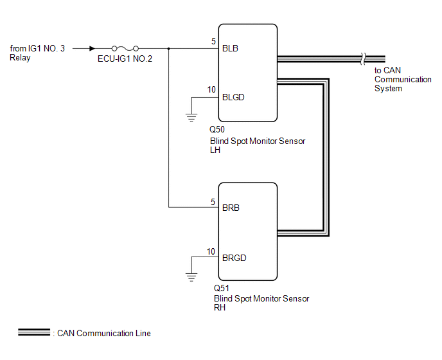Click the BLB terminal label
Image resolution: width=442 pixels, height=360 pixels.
(230, 48)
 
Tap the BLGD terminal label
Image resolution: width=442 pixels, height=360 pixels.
(233, 97)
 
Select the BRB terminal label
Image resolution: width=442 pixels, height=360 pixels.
(231, 208)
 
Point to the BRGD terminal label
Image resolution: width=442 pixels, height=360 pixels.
(234, 258)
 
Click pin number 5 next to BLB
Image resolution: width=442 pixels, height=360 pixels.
(213, 42)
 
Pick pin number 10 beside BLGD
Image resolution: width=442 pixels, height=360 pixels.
(211, 90)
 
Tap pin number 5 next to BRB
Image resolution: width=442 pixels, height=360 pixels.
(213, 202)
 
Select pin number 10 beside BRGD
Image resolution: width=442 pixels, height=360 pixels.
(211, 251)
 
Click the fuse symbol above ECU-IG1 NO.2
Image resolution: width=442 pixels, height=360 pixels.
(125, 48)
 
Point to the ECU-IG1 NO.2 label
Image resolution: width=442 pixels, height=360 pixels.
(125, 59)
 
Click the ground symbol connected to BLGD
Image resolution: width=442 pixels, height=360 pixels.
(191, 118)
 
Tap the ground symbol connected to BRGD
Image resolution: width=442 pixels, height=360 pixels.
(191, 277)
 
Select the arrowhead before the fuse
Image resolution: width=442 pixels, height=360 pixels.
(92, 48)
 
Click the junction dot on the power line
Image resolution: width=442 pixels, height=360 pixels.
(168, 48)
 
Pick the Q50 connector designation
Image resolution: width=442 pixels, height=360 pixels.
(217, 129)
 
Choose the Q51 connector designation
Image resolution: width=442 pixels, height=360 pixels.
(221, 288)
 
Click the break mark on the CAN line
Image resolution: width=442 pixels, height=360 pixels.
(363, 59)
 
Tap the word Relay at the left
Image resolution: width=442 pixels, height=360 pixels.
(20, 58)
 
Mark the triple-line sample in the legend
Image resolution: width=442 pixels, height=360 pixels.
(34, 332)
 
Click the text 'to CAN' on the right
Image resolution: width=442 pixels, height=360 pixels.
(387, 70)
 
